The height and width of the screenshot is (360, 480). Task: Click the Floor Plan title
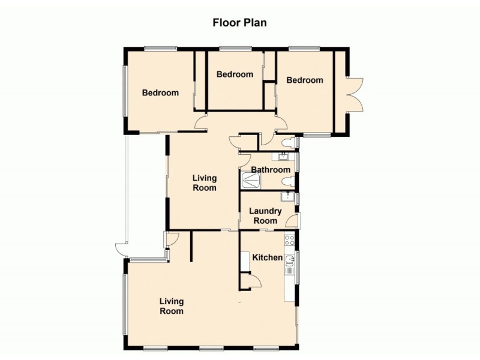point(239,23)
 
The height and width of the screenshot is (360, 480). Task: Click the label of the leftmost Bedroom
point(160,93)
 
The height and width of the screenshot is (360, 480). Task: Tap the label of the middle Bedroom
point(235,74)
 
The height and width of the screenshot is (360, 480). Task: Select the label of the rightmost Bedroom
point(304,80)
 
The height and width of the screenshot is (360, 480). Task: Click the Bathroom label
point(271,170)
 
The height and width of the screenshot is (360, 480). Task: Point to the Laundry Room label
point(265,215)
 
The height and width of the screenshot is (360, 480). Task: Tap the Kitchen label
point(267,257)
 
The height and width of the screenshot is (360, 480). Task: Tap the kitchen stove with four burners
point(289,241)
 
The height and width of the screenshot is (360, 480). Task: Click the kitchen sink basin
point(290,260)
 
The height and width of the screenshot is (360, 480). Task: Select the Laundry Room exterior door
point(293,222)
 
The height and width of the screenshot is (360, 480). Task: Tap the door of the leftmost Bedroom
point(202,125)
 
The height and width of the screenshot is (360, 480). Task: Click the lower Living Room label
point(172,306)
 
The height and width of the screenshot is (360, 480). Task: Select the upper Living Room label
point(205,182)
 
